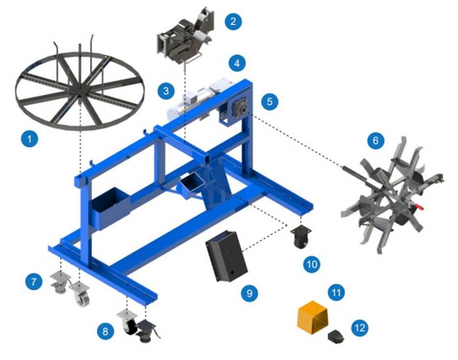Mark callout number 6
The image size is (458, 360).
(x=375, y=140)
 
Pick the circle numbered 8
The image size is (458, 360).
(x=105, y=331)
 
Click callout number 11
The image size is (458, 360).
(x=337, y=291)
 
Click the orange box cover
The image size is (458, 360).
(x=313, y=318)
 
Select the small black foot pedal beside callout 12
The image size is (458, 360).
(x=336, y=337)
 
